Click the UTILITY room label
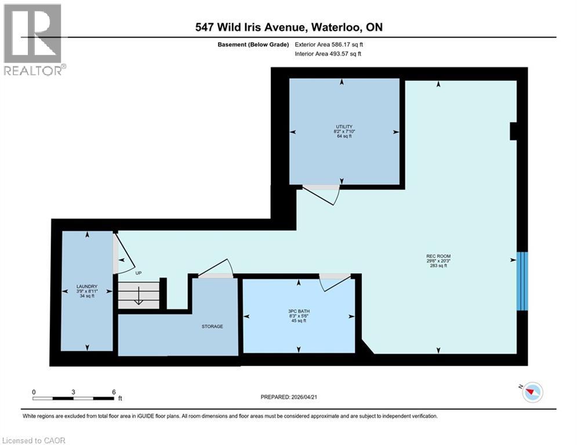[x=344, y=126]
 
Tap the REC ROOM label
[x=438, y=256]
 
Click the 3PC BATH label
[x=299, y=311]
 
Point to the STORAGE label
[x=212, y=326]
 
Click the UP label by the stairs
[x=139, y=272]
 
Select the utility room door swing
[x=321, y=195]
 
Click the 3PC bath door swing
[x=336, y=283]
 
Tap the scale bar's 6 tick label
[x=113, y=392]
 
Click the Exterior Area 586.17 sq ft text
[x=329, y=45]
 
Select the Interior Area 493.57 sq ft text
[x=328, y=54]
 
